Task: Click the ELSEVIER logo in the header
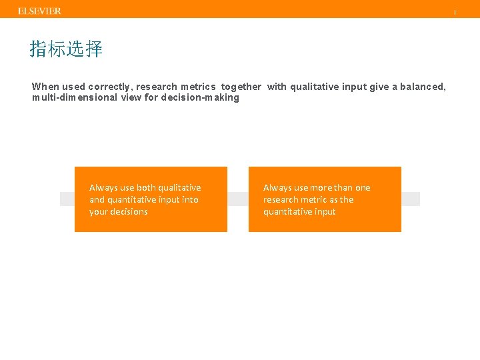(39, 11)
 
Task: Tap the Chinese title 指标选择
(66, 49)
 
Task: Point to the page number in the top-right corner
(455, 12)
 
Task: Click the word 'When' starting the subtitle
(45, 87)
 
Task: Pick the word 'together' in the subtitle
(241, 87)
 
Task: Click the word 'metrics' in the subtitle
(198, 87)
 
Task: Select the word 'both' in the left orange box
(146, 188)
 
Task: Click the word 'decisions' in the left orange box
(128, 212)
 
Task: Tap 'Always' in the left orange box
(103, 188)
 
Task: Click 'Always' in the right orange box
(277, 188)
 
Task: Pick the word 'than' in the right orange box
(344, 188)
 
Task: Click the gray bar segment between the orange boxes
(238, 199)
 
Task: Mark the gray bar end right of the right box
(411, 199)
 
